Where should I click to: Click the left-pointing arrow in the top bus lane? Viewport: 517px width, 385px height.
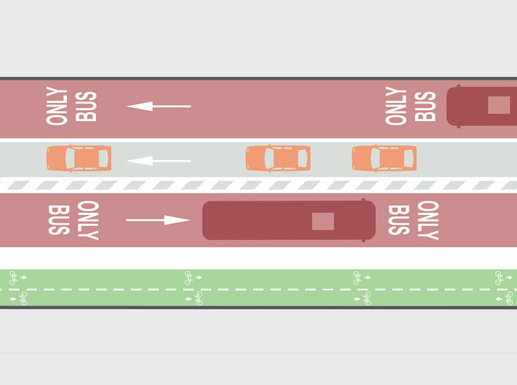point(158,106)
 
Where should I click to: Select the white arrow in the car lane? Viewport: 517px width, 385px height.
point(158,161)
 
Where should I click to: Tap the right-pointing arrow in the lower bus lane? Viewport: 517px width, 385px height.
point(158,220)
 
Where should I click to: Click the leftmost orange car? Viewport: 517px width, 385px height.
point(79,158)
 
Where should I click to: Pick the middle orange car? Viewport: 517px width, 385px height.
point(278,158)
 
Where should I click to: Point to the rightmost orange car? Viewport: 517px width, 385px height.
point(384,158)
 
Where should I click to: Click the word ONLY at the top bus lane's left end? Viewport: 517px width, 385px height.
point(56,106)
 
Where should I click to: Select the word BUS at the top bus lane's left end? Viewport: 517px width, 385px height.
point(86,106)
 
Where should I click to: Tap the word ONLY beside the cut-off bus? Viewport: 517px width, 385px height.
point(396,106)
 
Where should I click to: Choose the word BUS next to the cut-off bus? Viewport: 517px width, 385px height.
point(425,106)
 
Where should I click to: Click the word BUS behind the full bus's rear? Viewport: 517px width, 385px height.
point(59,220)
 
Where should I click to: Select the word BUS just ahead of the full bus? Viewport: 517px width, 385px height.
point(398,220)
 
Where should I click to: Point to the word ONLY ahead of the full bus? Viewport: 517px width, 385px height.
point(428,220)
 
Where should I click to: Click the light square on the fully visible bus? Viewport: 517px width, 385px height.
point(323,221)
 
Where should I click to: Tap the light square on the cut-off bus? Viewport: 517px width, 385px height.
point(499,105)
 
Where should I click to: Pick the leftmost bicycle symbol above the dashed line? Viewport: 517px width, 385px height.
point(14,278)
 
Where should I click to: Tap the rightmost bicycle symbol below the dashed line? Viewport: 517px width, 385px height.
point(508,298)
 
